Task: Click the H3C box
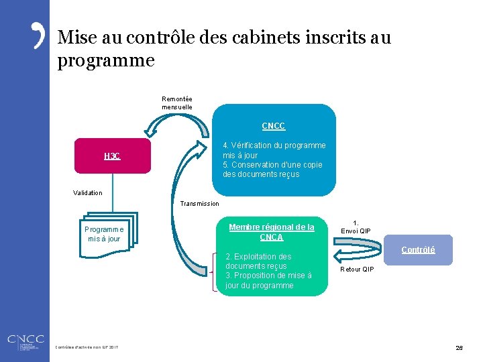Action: pyautogui.click(x=113, y=156)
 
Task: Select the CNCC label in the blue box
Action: pyautogui.click(x=273, y=126)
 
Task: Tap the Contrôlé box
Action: pyautogui.click(x=418, y=250)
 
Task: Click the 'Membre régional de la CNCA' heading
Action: pyautogui.click(x=272, y=232)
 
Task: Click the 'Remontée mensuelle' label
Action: pyautogui.click(x=177, y=103)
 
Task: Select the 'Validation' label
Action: pyautogui.click(x=88, y=193)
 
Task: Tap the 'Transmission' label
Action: pyautogui.click(x=200, y=204)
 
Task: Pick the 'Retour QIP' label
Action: pyautogui.click(x=358, y=269)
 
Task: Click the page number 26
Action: pyautogui.click(x=460, y=348)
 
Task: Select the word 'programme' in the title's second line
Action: pyautogui.click(x=106, y=61)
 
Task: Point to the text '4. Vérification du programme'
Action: pyautogui.click(x=274, y=145)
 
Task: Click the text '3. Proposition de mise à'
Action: pyautogui.click(x=268, y=276)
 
